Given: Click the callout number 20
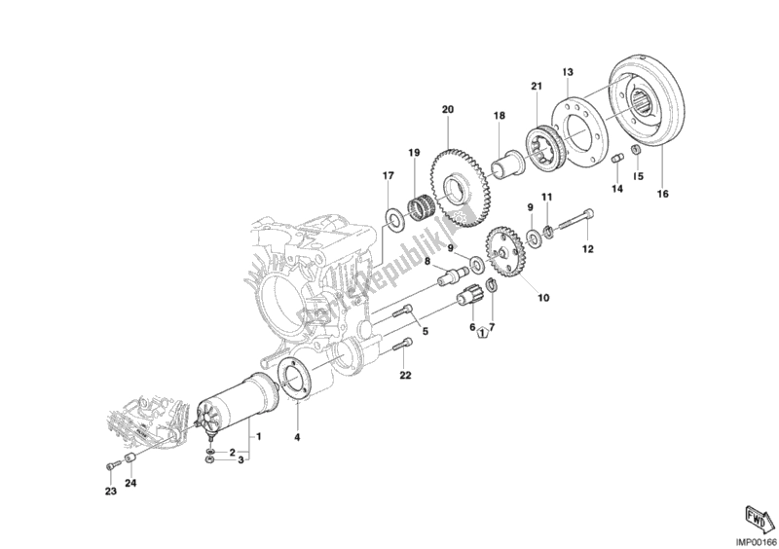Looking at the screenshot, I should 448,110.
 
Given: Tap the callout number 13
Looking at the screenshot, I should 568,71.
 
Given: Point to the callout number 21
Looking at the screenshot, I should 536,89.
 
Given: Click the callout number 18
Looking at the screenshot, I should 499,116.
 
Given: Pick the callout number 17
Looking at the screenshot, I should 387,176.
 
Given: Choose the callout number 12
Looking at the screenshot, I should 587,249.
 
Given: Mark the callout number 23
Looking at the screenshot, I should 110,493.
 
